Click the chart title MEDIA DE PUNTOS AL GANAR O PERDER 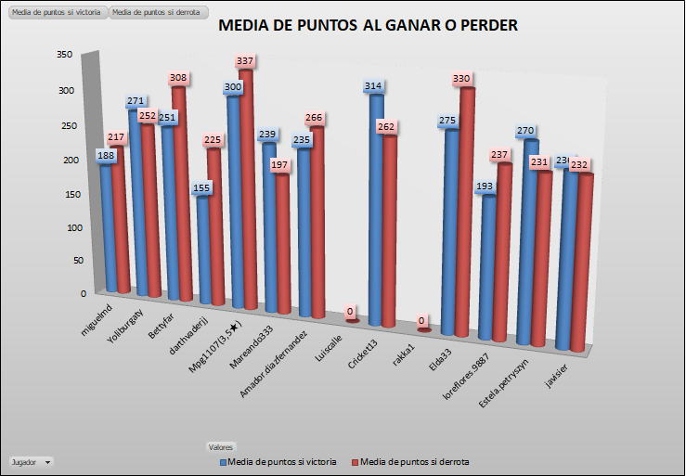[368, 26]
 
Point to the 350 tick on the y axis [64, 55]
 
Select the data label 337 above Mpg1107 [245, 61]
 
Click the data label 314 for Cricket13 [374, 86]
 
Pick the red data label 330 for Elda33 [461, 80]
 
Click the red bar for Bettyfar [180, 195]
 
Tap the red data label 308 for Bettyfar [179, 78]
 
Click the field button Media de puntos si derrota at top [156, 12]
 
